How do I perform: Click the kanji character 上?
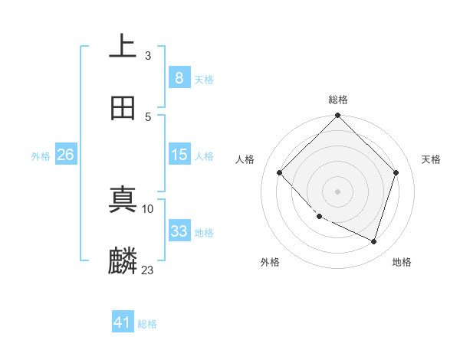123,46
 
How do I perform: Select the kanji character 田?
123,108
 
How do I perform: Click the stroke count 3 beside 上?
148,56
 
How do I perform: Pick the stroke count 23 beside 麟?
148,270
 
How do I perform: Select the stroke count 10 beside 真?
148,208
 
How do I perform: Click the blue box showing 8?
179,77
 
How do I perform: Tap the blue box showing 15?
179,155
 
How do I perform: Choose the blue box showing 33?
179,231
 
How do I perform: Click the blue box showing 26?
65,155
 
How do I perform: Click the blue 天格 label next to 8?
204,79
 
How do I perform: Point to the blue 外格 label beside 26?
41,156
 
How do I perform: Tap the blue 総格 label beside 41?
147,324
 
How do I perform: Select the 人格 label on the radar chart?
245,159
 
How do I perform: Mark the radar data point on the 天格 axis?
396,172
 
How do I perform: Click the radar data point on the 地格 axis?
374,242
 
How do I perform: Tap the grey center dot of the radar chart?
338,191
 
